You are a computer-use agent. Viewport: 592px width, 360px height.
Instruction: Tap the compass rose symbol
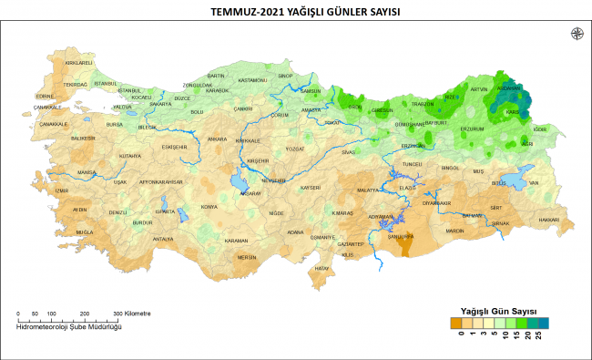coord(576,34)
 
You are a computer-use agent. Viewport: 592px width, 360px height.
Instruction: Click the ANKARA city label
coord(217,139)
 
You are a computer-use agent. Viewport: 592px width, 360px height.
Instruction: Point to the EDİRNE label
coord(46,96)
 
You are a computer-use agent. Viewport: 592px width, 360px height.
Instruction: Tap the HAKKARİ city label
coord(549,220)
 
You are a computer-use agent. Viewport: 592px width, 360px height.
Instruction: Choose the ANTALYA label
coord(162,239)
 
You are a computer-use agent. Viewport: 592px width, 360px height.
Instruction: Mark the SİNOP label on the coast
coord(285,76)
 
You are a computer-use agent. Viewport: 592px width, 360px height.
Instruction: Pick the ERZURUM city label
coord(473,129)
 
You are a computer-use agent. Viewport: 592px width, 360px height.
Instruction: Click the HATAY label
coord(322,269)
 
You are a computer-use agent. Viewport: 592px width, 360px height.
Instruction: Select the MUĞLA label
coord(85,232)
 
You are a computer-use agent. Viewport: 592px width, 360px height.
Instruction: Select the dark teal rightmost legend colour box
coord(543,322)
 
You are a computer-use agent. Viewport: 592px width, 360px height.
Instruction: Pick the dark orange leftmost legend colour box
coord(455,322)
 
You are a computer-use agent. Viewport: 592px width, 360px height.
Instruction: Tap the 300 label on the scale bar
coord(117,313)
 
